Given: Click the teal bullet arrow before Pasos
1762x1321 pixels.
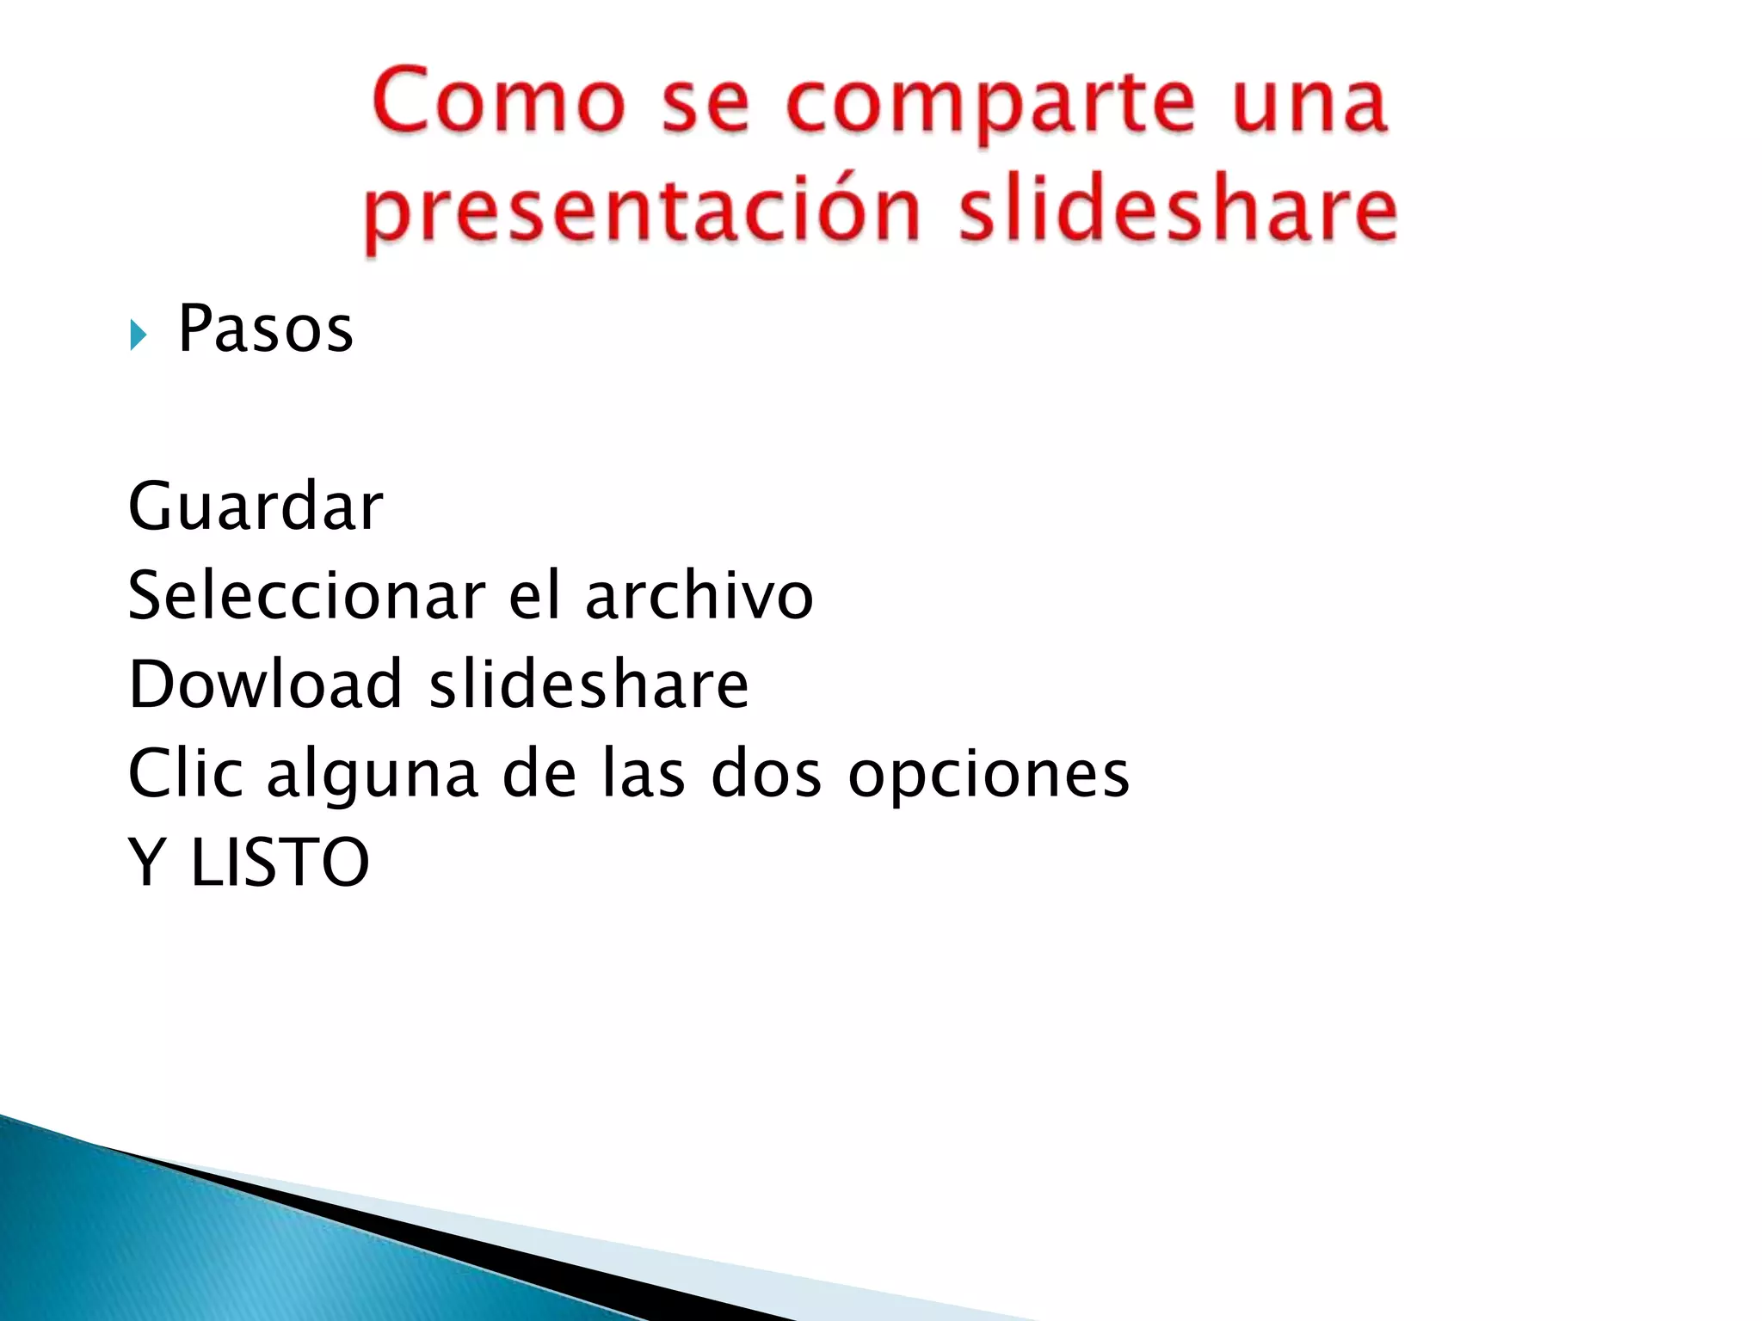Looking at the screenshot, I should tap(138, 335).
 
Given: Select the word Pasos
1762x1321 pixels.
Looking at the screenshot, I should tap(265, 329).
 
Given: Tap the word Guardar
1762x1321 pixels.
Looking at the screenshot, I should tap(256, 507).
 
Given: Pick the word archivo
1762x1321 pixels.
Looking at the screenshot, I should tap(699, 595).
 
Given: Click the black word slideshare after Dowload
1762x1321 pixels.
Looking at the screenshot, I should tap(589, 684).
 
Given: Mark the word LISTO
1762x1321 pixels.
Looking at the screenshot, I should tap(280, 862).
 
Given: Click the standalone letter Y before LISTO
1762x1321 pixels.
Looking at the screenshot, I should tap(147, 862).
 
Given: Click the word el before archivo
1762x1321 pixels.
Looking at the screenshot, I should tap(535, 595).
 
